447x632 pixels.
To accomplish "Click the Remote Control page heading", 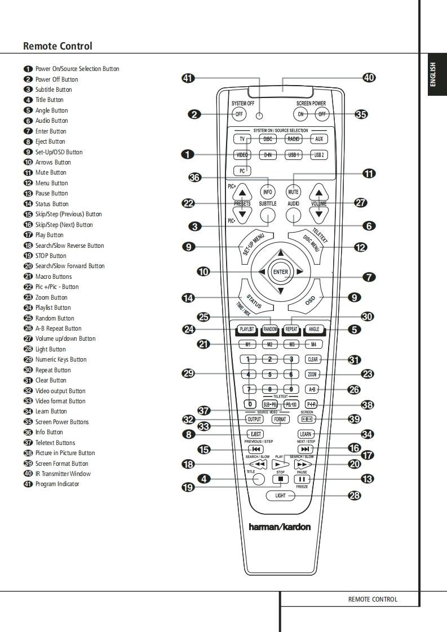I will [57, 46].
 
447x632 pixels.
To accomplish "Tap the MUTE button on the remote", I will [293, 192].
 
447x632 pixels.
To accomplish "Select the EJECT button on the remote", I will [255, 434].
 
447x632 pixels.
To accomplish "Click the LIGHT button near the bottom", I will [280, 496].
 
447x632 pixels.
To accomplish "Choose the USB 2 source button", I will [319, 154].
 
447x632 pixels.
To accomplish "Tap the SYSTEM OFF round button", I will [239, 114].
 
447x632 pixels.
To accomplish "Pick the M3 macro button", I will [291, 344].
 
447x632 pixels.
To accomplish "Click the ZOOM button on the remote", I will [312, 374].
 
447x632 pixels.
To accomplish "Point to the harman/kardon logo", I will [280, 527].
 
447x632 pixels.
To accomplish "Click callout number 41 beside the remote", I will [188, 78].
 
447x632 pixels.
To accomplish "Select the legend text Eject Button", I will [50, 141].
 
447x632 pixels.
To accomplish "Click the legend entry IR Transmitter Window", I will [63, 474].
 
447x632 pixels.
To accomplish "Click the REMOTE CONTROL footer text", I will [373, 599].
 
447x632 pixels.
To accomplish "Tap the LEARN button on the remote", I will [306, 434].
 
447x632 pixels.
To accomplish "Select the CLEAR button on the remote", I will [312, 359].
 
